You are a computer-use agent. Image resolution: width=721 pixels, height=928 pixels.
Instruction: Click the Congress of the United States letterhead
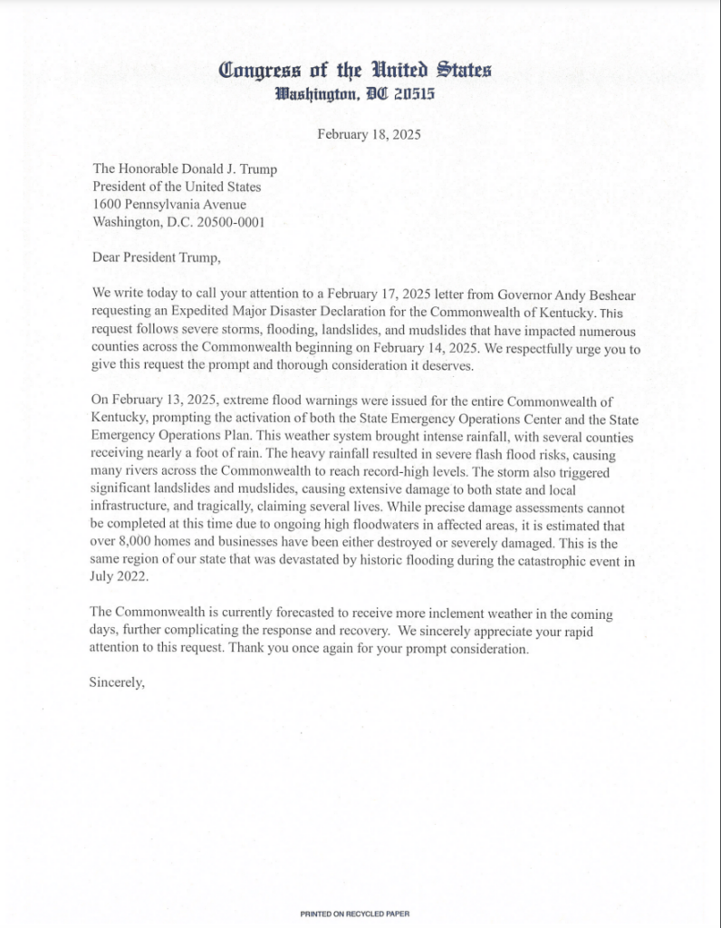[x=360, y=71]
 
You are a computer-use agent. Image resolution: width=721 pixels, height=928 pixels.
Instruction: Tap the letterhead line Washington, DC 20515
[x=360, y=93]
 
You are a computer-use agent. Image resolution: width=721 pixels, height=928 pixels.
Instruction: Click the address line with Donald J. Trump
[x=185, y=169]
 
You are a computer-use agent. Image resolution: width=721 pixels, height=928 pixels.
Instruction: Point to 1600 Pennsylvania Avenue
[x=168, y=205]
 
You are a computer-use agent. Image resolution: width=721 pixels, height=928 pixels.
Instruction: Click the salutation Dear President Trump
[x=157, y=257]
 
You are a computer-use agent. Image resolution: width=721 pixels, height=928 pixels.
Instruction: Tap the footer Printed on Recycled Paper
[x=360, y=914]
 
